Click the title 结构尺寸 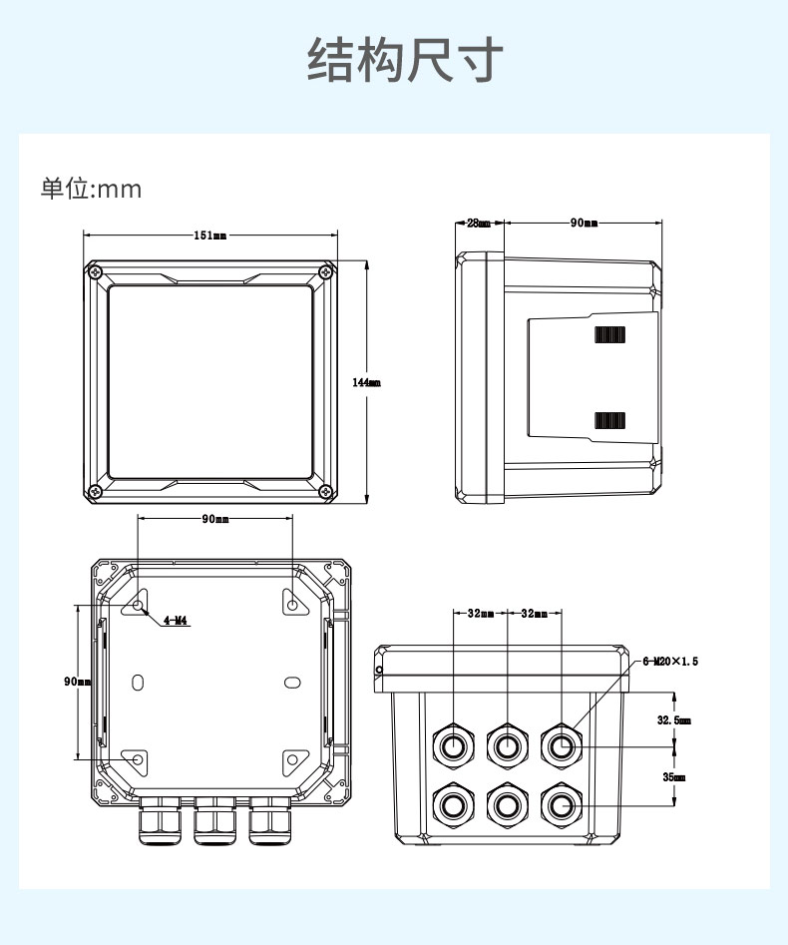[x=405, y=61]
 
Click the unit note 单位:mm [x=91, y=189]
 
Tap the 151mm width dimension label [x=209, y=236]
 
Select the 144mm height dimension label [x=366, y=382]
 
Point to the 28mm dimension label [x=479, y=224]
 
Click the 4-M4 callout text [x=176, y=621]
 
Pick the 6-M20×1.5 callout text [x=669, y=661]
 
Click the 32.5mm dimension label [x=673, y=719]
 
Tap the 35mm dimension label [x=673, y=776]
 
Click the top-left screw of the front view [x=94, y=271]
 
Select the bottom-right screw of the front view [x=325, y=491]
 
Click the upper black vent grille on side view [x=609, y=334]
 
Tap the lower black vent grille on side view [x=609, y=421]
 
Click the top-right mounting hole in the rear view [x=291, y=605]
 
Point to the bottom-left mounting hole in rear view [x=138, y=759]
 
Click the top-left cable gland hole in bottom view [x=453, y=744]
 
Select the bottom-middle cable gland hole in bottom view [x=507, y=802]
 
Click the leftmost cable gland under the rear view [x=159, y=822]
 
